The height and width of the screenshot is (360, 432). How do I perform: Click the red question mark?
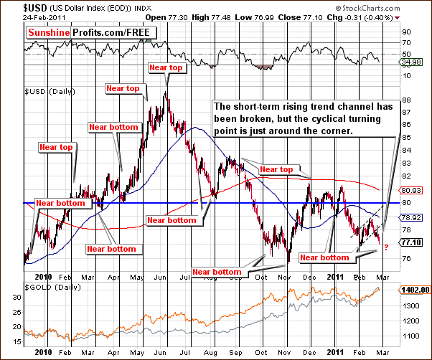click(x=386, y=248)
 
